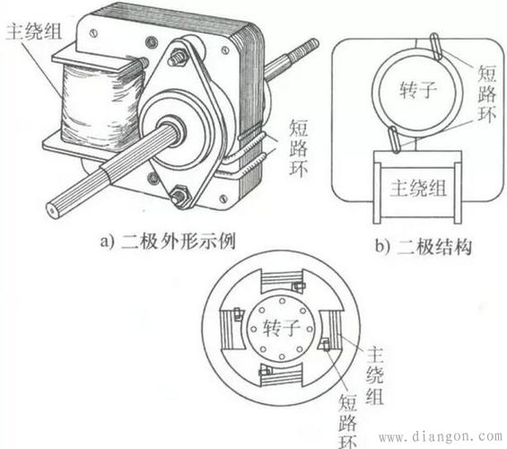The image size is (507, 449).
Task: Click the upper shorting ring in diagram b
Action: (435, 43)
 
